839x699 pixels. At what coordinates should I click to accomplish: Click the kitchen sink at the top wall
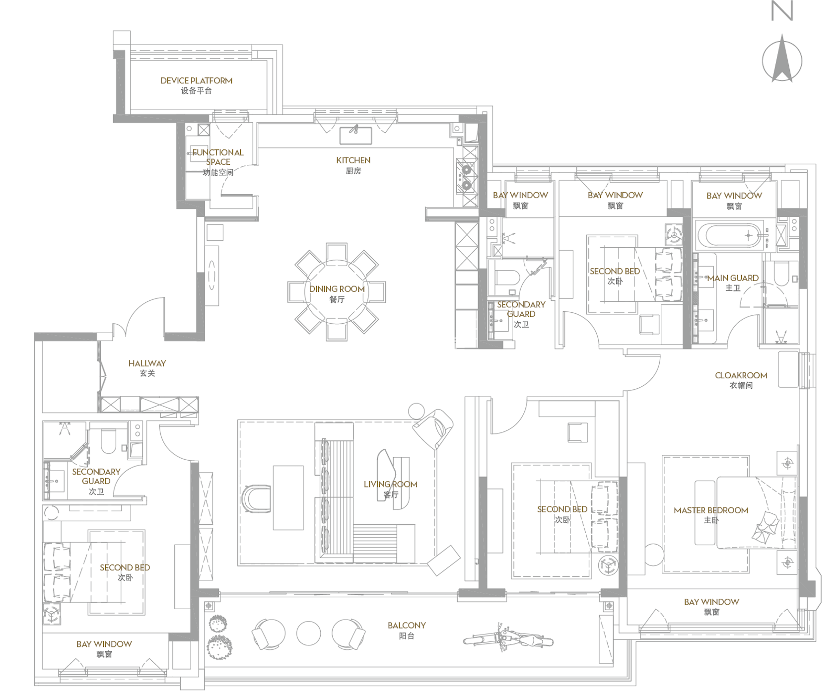click(x=355, y=136)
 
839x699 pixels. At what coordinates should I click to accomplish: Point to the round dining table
click(x=337, y=292)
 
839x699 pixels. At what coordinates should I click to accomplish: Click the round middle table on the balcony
click(x=309, y=633)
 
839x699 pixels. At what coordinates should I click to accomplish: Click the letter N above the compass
click(x=782, y=11)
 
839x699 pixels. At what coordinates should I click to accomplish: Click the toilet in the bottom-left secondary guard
click(x=108, y=441)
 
